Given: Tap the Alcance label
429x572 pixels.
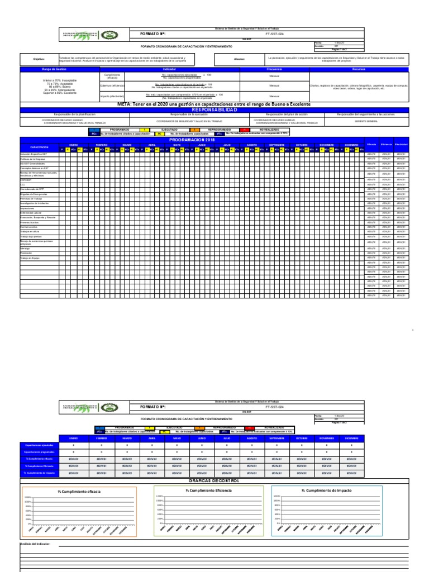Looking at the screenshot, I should [x=240, y=58].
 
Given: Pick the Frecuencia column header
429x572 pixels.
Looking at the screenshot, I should [x=274, y=69].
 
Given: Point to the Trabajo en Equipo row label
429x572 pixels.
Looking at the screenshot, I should [x=31, y=258].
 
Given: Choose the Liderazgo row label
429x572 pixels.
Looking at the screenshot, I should [x=26, y=248].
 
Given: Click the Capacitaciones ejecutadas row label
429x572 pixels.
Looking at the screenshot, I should [x=39, y=445].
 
